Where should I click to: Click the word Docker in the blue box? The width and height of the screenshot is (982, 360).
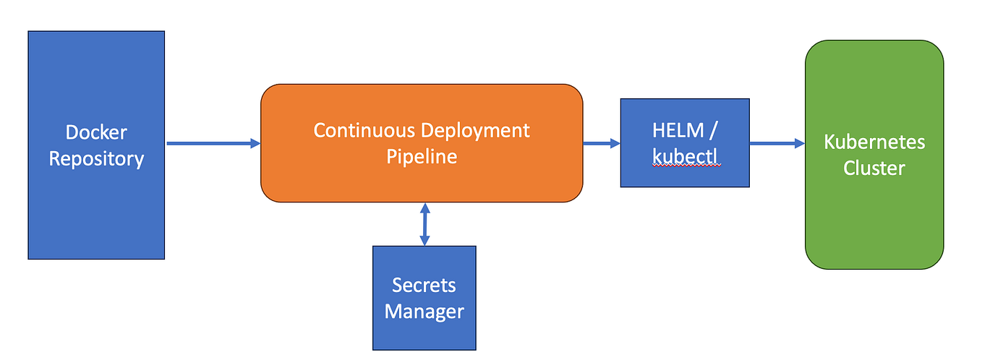[96, 132]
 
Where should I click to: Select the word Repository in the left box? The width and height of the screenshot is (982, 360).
[96, 158]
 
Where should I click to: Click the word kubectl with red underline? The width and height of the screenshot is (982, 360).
[686, 156]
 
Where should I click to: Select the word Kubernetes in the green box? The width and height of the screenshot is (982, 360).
[874, 142]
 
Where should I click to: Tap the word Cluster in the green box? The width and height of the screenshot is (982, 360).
[874, 168]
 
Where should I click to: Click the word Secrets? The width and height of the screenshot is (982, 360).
[424, 285]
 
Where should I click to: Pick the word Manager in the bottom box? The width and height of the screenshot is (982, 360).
[424, 311]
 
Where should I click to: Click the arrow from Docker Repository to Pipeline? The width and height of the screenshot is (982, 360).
[213, 143]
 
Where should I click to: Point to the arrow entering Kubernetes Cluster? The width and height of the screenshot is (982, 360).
[777, 143]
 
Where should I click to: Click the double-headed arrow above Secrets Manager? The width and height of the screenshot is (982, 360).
[424, 224]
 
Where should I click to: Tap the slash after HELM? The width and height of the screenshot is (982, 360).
[713, 131]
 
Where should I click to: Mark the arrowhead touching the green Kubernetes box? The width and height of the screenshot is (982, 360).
[800, 143]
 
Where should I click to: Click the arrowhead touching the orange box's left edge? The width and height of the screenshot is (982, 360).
[255, 143]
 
